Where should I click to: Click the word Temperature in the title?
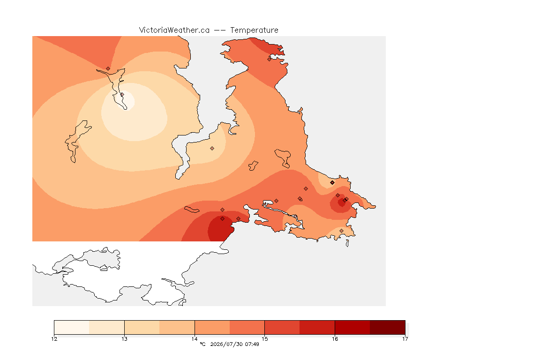[254, 30]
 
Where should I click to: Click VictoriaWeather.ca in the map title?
[174, 30]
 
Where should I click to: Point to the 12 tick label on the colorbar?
[54, 339]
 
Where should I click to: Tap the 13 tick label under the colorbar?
[124, 339]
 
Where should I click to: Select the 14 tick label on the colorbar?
[195, 339]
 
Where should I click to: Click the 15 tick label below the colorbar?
[264, 339]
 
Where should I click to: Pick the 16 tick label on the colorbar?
[335, 339]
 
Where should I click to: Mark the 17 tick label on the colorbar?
[405, 339]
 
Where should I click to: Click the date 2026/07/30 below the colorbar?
[226, 344]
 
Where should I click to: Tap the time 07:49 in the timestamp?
[252, 344]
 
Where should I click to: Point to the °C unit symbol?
[202, 344]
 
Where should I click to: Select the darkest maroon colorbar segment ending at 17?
[388, 327]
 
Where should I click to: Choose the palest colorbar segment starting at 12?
[72, 327]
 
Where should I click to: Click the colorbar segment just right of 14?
[212, 327]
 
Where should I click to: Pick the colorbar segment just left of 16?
[317, 327]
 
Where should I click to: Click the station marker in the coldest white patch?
[122, 94]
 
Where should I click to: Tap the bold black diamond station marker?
[332, 183]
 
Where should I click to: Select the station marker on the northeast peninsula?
[270, 59]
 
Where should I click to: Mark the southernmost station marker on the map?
[341, 231]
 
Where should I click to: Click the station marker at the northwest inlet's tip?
[108, 68]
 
